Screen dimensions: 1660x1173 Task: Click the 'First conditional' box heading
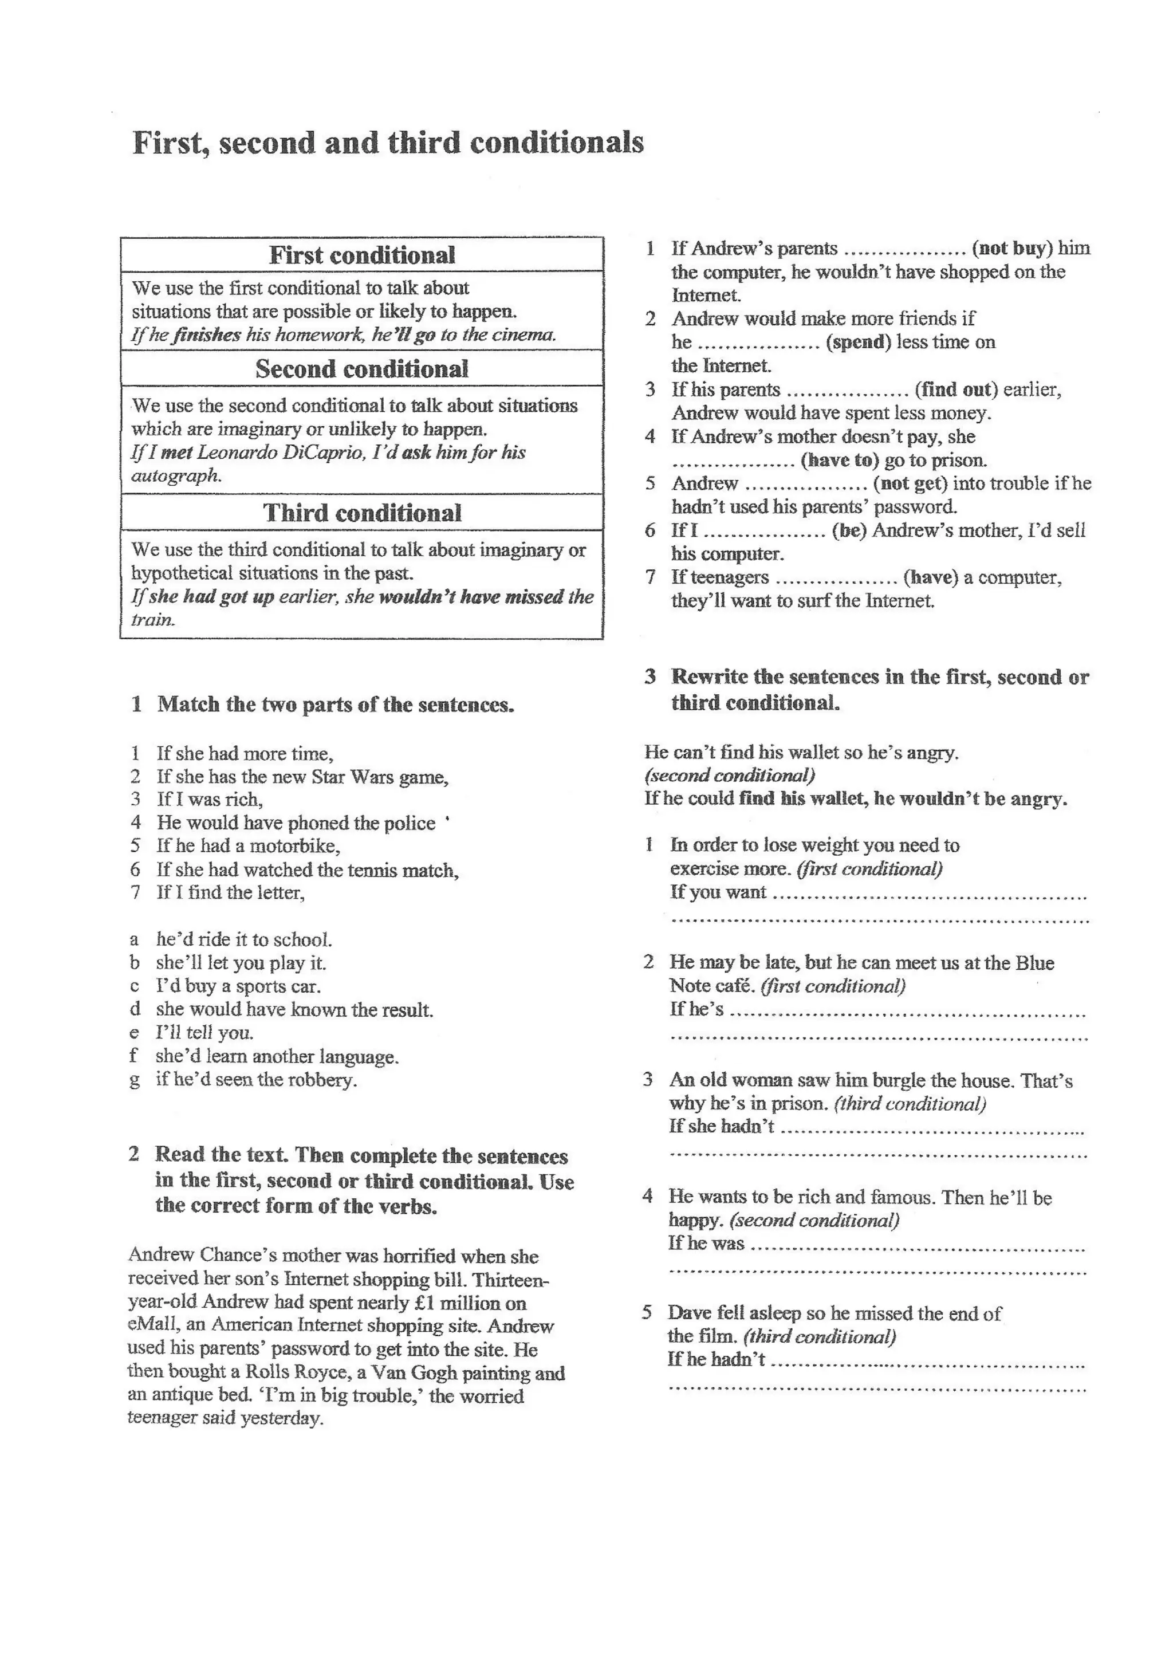[362, 255]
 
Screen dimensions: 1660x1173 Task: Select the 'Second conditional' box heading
[362, 369]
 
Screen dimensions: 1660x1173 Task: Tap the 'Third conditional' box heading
[362, 513]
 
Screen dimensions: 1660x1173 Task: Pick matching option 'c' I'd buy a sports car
[238, 986]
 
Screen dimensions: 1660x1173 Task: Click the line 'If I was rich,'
[210, 800]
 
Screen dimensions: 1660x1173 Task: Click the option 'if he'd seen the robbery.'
[256, 1080]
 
